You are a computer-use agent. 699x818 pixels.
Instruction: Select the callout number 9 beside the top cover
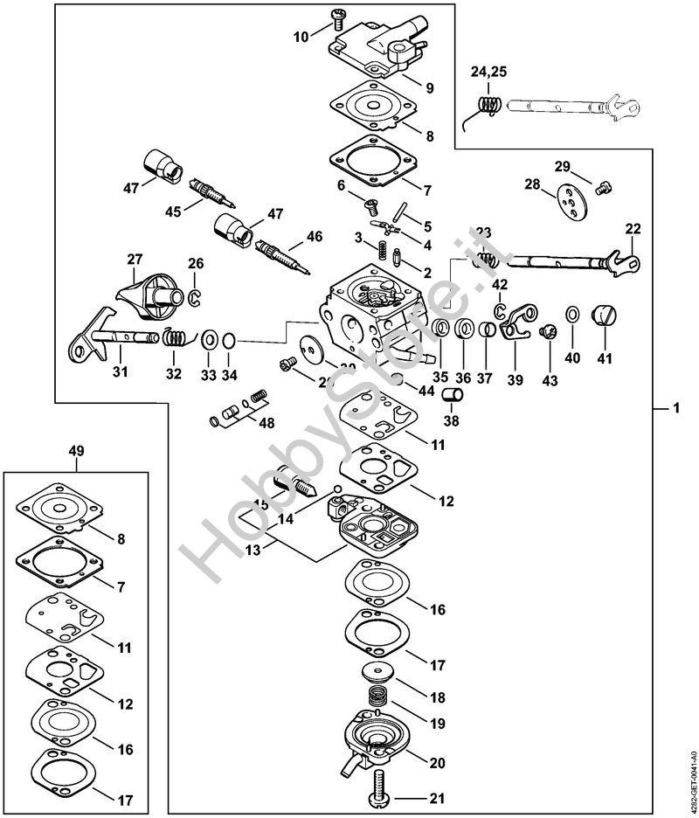click(x=429, y=87)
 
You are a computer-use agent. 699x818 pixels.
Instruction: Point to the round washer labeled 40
click(x=572, y=315)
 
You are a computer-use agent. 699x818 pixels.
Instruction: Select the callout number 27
click(x=135, y=260)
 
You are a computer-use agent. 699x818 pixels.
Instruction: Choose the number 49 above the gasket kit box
click(x=77, y=451)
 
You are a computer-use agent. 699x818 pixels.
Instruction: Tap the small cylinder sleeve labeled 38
click(x=453, y=396)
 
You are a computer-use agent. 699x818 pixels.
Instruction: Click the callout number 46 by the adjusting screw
click(x=315, y=236)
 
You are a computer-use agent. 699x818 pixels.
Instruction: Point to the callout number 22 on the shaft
click(x=633, y=229)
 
